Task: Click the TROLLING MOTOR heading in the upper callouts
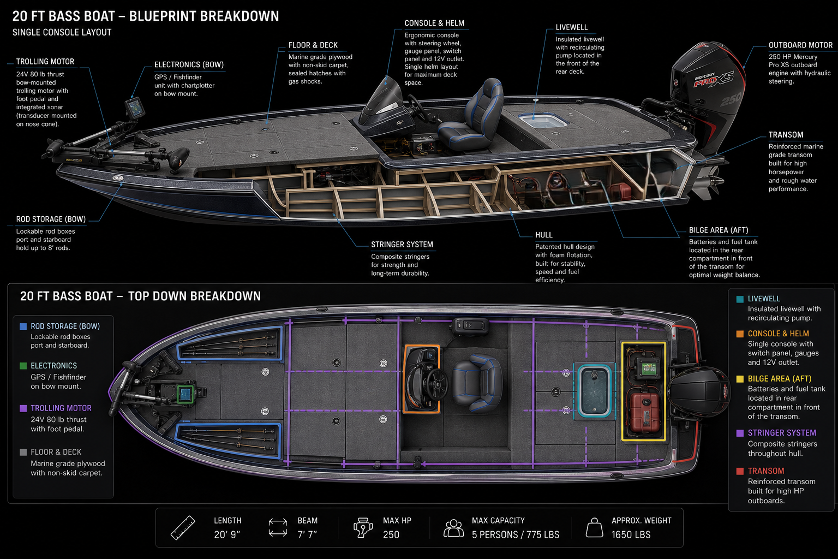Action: coord(45,61)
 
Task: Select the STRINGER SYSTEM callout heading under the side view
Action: coord(402,245)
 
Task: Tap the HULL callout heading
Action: coord(543,235)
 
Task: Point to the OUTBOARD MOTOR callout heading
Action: coord(800,45)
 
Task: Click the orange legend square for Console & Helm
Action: coord(740,334)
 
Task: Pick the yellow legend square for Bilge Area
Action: coord(740,379)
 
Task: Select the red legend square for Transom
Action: coord(740,471)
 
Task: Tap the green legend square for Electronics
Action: coord(23,366)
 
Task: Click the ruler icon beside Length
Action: coord(183,528)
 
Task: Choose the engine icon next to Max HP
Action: coord(363,527)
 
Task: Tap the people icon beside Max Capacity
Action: coord(453,528)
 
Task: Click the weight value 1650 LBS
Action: coord(631,534)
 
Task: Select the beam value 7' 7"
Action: coord(307,534)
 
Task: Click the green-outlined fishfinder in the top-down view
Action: coord(185,394)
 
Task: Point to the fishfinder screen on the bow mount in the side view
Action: coord(135,108)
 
